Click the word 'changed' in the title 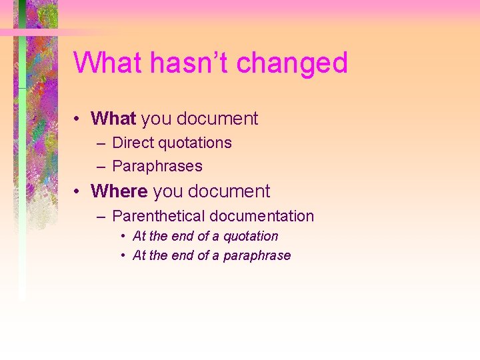(x=292, y=63)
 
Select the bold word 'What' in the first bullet (x=113, y=119)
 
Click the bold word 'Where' (x=119, y=191)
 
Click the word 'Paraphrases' (x=157, y=166)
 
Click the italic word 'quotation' (x=251, y=236)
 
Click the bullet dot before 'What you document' (x=78, y=119)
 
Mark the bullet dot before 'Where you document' (x=78, y=192)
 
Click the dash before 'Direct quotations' (x=100, y=143)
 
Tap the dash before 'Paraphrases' (x=100, y=167)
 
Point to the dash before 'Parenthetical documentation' (x=100, y=217)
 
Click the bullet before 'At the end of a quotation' (x=123, y=237)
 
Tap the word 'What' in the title (x=108, y=63)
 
